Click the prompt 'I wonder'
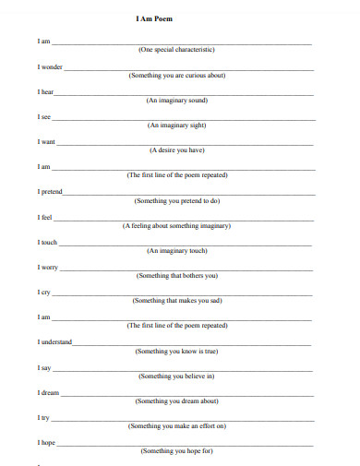50,67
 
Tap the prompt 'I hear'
45,92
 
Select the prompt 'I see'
44,117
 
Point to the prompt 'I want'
46,142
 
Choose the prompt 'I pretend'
51,192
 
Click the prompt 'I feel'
45,218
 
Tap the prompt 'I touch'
48,243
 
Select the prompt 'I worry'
48,268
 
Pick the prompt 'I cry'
44,293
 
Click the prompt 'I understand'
54,342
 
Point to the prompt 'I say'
44,367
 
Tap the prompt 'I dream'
49,392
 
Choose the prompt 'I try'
44,417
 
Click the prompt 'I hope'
47,443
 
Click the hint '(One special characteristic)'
176,51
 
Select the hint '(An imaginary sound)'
177,101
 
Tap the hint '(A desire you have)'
177,150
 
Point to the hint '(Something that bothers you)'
177,276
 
